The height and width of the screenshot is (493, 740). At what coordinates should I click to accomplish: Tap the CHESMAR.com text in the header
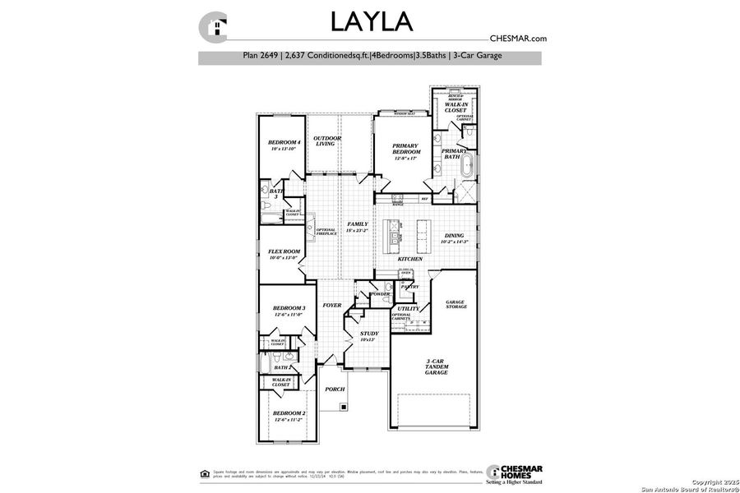[x=518, y=38]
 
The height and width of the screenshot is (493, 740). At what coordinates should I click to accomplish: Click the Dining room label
[x=455, y=238]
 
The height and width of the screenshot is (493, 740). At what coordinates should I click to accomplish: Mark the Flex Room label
[x=284, y=254]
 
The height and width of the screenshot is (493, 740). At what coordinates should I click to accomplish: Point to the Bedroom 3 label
[x=289, y=311]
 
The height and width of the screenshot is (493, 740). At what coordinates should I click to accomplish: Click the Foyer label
[x=332, y=305]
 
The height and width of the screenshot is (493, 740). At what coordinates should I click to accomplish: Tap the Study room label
[x=369, y=336]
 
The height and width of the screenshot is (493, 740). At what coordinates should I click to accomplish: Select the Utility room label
[x=409, y=308]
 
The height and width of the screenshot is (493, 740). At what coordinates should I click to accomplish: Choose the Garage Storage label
[x=456, y=304]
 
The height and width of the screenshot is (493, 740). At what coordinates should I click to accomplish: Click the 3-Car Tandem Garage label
[x=437, y=366]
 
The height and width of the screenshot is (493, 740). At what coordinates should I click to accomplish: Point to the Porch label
[x=335, y=389]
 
